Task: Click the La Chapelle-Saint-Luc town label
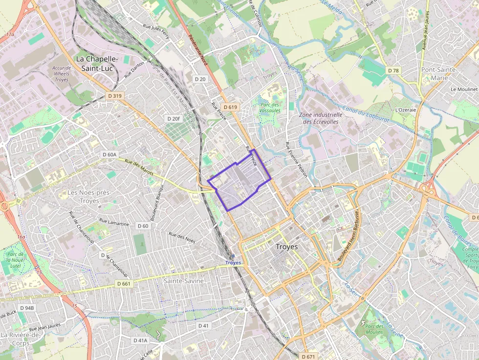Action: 97,64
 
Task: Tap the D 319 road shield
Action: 114,96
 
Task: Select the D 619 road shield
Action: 230,107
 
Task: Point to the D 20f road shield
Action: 173,119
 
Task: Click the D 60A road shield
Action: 110,154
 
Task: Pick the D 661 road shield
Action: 124,283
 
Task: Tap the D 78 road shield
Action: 393,71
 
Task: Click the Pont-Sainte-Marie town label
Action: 439,74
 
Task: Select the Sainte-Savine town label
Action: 183,281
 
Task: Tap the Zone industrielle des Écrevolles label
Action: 318,118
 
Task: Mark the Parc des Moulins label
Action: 374,329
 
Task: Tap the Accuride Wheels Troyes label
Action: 62,74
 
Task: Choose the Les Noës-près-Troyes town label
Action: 89,196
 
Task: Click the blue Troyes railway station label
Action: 233,262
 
